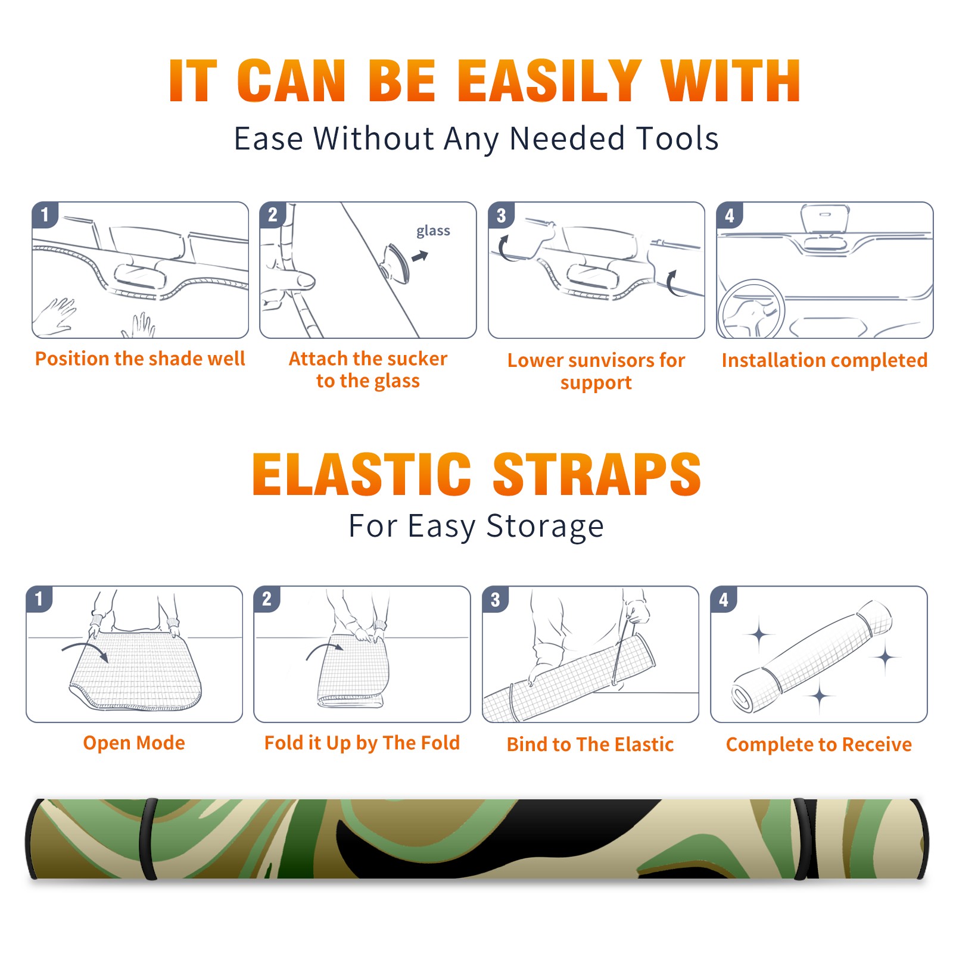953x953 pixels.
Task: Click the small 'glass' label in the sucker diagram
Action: pos(433,231)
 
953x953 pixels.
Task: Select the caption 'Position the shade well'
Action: pos(140,359)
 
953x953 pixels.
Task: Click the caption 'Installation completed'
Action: pos(824,360)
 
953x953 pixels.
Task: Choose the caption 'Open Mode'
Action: pos(134,743)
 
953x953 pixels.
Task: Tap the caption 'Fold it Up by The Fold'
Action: pos(362,743)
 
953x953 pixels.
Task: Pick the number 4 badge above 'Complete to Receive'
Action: pos(724,599)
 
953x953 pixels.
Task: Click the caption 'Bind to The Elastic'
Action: pos(590,745)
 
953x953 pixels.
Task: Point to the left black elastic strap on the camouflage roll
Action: pos(148,839)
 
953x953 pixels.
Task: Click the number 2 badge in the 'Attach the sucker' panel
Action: pos(273,215)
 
